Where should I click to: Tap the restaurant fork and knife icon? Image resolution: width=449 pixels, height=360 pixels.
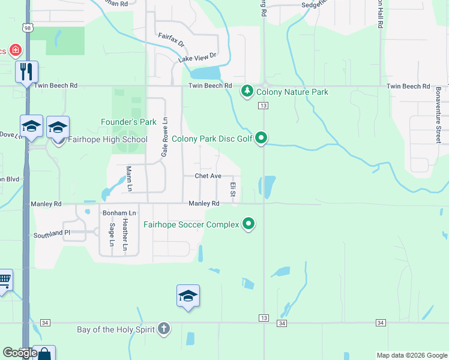26,72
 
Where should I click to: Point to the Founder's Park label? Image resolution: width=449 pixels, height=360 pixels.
128,122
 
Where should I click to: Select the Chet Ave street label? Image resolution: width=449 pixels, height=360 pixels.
208,176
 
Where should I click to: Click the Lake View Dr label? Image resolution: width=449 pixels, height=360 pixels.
196,58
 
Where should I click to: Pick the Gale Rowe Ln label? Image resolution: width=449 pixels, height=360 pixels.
163,137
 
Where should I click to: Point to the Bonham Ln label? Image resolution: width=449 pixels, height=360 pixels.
119,213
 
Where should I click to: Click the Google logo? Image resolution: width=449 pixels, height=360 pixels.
19,353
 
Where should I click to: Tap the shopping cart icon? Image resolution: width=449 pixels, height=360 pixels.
4,279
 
